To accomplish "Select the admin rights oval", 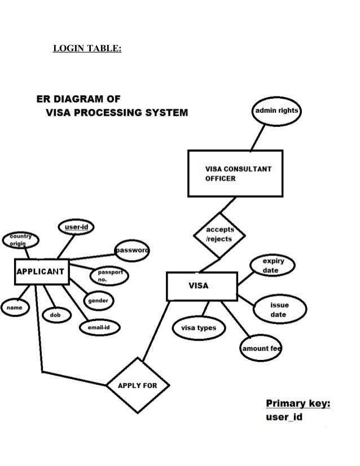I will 276,111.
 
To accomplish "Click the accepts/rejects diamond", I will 219,234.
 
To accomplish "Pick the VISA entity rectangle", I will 201,286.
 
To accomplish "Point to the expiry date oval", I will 273,266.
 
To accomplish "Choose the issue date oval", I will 278,310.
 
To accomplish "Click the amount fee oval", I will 261,349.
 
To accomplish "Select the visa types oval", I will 198,328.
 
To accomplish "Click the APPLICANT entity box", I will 41,271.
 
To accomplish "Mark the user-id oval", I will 76,227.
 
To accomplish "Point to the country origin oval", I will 21,239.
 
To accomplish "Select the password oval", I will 132,250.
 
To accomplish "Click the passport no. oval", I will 109,276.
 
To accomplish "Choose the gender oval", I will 99,301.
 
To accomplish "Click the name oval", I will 15,308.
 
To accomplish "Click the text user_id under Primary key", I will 284,417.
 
